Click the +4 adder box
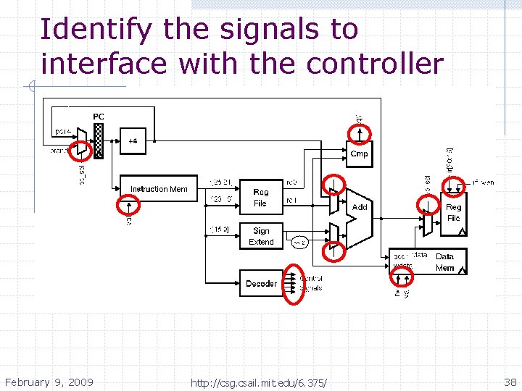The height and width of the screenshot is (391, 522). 133,141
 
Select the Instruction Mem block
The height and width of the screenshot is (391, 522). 158,189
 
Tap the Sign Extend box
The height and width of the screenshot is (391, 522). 260,237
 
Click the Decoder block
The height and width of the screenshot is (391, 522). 260,283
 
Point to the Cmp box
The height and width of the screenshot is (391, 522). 359,154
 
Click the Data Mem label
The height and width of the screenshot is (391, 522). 445,262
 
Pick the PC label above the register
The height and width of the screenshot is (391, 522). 99,117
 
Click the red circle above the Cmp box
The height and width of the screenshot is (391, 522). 360,133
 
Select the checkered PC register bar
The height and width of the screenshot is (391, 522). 99,140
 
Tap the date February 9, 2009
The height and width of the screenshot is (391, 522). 49,382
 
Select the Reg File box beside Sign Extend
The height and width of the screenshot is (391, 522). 260,198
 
